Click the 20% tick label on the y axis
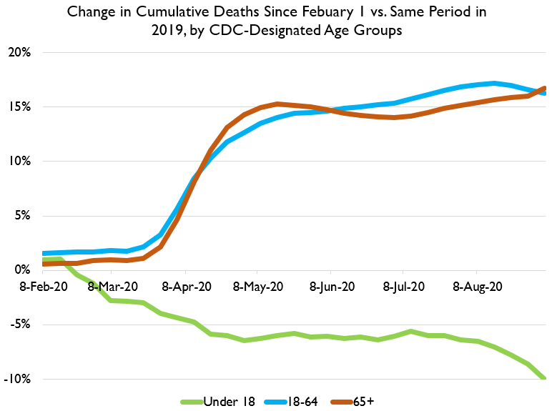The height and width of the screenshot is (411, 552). pos(19,53)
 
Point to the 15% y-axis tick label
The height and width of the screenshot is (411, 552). pos(19,107)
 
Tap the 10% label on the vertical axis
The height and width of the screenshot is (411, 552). pos(19,162)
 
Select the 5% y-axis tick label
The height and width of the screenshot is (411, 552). pos(21,216)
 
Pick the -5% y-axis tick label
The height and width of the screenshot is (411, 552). pos(19,325)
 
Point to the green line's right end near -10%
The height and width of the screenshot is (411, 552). pos(544,377)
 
